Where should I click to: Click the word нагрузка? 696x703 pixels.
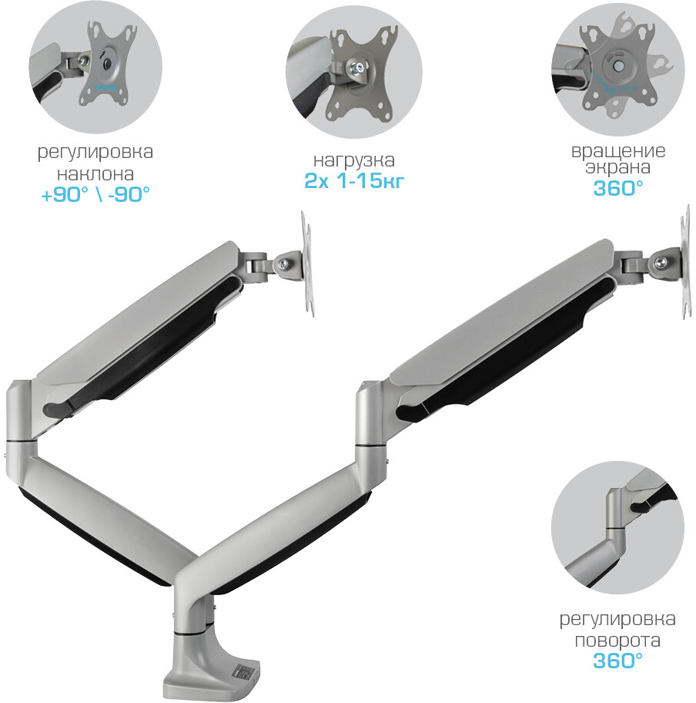click(353, 160)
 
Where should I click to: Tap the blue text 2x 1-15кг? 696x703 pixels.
click(354, 180)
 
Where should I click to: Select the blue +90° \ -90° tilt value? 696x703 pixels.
click(95, 194)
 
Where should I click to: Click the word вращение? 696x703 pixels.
click(618, 150)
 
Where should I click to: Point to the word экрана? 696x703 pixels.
click(617, 167)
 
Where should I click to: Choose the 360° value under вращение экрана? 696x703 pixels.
click(618, 188)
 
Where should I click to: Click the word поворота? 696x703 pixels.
click(617, 641)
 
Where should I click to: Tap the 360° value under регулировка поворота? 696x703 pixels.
click(617, 661)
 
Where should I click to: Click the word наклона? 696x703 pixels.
click(95, 173)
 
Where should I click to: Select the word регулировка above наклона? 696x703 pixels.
click(95, 153)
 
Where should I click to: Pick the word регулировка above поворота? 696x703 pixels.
click(617, 620)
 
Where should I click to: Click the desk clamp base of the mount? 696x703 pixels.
click(210, 668)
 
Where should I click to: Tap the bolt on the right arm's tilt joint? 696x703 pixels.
click(660, 263)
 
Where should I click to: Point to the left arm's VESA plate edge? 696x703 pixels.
click(306, 264)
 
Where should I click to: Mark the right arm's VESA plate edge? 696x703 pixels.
click(686, 262)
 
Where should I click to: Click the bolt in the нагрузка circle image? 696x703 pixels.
click(357, 68)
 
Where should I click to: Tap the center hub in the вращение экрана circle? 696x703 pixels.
click(618, 65)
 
